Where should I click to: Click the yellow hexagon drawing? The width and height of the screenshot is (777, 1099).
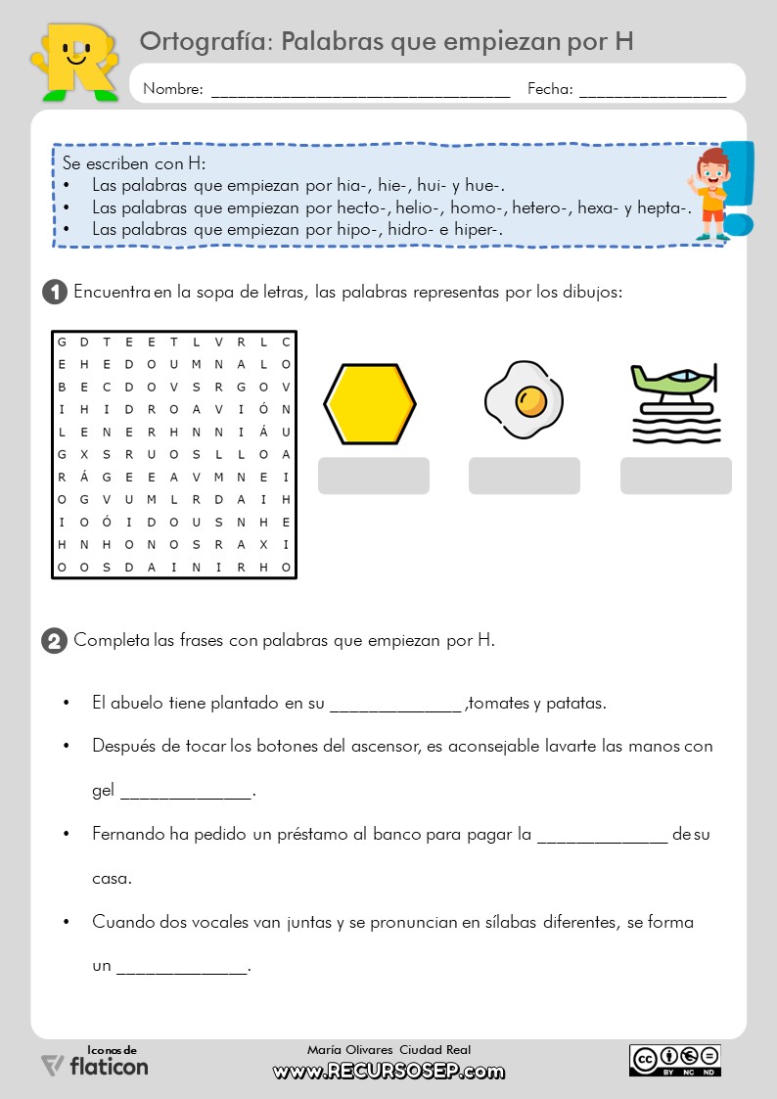coord(371,403)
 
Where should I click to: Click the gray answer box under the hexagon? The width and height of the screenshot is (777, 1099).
coord(374,476)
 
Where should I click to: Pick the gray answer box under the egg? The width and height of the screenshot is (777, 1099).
coord(525,476)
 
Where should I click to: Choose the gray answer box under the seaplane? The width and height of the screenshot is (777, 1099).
coord(675,476)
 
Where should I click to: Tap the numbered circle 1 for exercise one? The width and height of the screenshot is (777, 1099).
coord(55,292)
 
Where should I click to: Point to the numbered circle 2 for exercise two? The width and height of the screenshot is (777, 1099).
coord(55,641)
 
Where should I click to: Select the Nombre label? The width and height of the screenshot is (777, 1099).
coord(173,89)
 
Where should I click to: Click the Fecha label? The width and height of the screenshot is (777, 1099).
coord(550,89)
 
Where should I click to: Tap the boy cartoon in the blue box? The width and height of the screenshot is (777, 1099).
coord(710,194)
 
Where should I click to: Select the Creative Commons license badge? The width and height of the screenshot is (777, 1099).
coord(675,1060)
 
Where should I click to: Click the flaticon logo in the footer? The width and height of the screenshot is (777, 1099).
coord(95,1065)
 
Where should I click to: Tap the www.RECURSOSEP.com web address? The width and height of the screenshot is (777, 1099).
coord(388,1072)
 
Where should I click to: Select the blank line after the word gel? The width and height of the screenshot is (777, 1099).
coord(186,791)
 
